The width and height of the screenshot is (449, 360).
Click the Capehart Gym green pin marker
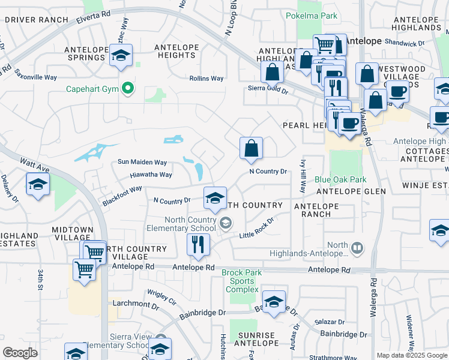coord(127,89)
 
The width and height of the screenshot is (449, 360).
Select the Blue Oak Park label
coord(340,179)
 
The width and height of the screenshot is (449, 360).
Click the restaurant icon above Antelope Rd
coord(196,244)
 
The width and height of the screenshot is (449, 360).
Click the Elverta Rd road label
coord(93,16)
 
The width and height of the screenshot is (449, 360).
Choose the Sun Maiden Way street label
coord(142,162)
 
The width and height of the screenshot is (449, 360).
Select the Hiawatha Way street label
coord(151,175)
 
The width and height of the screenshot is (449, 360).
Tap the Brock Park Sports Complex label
coord(242,281)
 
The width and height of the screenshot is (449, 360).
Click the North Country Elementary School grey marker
coord(225,224)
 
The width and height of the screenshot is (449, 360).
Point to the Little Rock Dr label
coord(257,229)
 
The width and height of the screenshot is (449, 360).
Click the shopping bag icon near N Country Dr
coord(251,148)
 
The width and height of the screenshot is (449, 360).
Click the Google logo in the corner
coord(20,352)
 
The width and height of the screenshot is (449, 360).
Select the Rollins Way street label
coord(206,79)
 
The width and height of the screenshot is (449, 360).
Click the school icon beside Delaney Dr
coord(38,184)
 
